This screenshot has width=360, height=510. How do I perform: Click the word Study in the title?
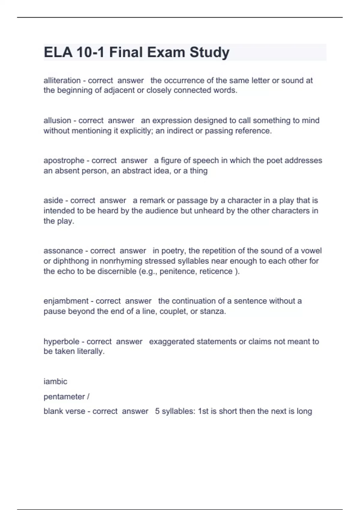click(x=209, y=52)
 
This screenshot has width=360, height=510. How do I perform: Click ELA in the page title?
click(x=58, y=52)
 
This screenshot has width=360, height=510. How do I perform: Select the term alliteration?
click(x=62, y=80)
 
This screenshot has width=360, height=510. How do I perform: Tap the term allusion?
click(x=57, y=121)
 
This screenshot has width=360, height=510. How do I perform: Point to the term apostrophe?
click(x=64, y=160)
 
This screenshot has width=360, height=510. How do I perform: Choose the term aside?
click(x=52, y=200)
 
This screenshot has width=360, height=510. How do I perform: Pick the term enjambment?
click(x=66, y=301)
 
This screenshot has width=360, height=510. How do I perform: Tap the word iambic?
click(x=55, y=382)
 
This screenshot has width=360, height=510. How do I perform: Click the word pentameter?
click(x=64, y=397)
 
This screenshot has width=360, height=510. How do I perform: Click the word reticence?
click(x=216, y=271)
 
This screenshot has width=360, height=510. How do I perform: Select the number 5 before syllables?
click(x=157, y=411)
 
